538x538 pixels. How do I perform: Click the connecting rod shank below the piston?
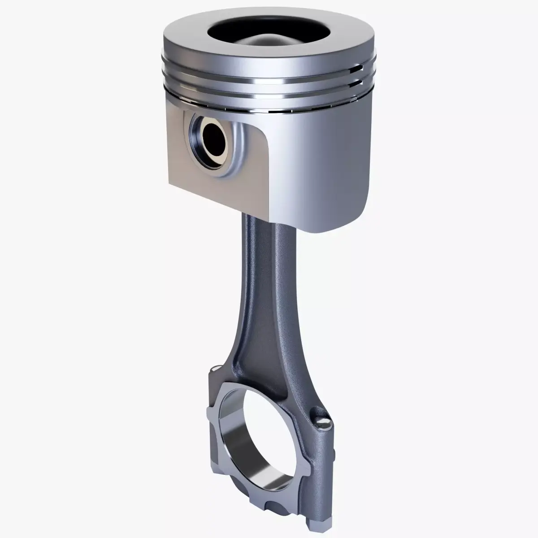pos(265,278)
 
